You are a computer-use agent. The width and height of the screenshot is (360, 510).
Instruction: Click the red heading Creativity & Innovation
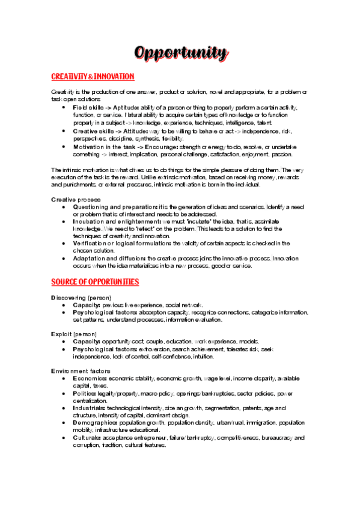[93, 77]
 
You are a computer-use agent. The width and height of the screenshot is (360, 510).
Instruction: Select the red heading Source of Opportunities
[95, 281]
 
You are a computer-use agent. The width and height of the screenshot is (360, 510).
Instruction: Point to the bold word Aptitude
[139, 106]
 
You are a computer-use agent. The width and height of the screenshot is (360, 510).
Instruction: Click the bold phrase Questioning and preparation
[114, 206]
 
